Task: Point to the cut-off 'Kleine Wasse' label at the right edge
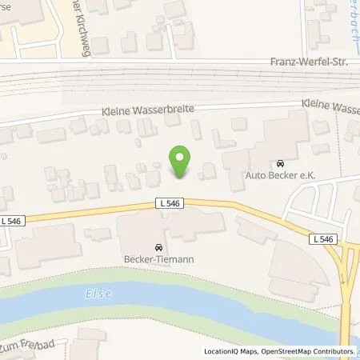(x=330, y=103)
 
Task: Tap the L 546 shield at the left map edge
(x=12, y=220)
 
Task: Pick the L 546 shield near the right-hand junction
(x=322, y=238)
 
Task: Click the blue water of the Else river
(x=200, y=300)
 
